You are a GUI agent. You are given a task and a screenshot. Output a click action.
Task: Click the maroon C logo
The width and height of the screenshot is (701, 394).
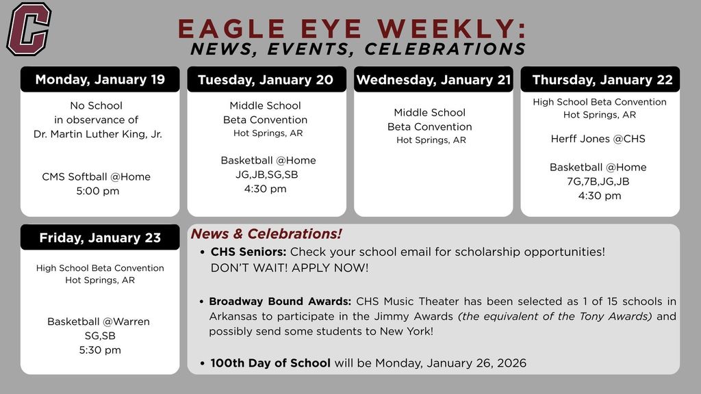pyautogui.click(x=29, y=29)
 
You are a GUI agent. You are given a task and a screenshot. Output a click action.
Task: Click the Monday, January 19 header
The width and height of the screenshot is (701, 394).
pyautogui.click(x=100, y=79)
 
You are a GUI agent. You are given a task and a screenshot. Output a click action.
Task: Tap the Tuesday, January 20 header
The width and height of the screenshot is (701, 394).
pyautogui.click(x=266, y=80)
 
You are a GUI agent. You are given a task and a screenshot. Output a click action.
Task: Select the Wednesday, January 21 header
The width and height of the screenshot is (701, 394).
pyautogui.click(x=433, y=80)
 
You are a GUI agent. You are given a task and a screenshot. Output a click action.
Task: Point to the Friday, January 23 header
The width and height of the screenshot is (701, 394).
pyautogui.click(x=100, y=238)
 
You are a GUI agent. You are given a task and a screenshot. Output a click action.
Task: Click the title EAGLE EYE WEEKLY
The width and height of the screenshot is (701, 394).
pyautogui.click(x=352, y=29)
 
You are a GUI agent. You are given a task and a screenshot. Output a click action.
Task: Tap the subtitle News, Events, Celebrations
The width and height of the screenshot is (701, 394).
pyautogui.click(x=358, y=49)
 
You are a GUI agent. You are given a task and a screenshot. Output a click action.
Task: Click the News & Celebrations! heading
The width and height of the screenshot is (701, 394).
pyautogui.click(x=266, y=234)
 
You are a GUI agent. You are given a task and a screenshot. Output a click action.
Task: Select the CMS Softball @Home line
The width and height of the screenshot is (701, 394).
pyautogui.click(x=96, y=176)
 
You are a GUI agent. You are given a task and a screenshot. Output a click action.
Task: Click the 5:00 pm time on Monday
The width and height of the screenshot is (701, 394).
pyautogui.click(x=97, y=191)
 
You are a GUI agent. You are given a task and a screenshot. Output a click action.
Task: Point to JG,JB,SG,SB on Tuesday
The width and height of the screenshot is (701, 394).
pyautogui.click(x=266, y=174)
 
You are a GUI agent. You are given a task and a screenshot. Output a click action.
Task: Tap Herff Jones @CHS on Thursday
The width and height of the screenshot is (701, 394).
pyautogui.click(x=598, y=139)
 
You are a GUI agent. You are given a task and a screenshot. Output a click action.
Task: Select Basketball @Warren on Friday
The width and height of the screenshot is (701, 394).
pyautogui.click(x=99, y=321)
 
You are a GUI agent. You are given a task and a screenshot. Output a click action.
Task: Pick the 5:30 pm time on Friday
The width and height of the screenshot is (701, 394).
pyautogui.click(x=100, y=350)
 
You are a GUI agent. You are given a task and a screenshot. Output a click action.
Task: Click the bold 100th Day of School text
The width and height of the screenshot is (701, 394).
pyautogui.click(x=270, y=363)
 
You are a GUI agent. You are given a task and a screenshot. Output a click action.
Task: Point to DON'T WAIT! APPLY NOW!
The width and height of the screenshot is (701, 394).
pyautogui.click(x=290, y=267)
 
